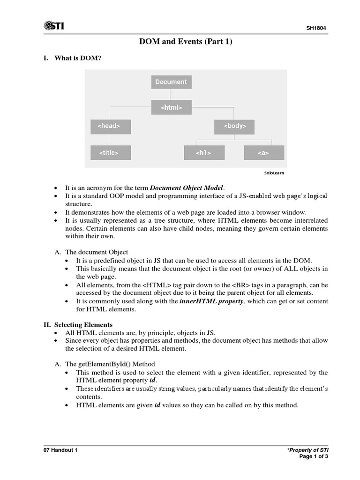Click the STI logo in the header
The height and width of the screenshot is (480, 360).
point(53,26)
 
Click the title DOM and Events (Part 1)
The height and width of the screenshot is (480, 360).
point(186,42)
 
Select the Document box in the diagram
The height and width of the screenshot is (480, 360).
point(171,82)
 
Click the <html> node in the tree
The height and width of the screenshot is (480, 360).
point(171,107)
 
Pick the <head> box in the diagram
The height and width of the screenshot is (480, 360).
point(111,126)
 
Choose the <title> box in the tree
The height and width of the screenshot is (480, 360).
point(111,152)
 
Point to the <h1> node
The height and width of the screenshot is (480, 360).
point(203,152)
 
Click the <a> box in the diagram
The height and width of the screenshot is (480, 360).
point(263,152)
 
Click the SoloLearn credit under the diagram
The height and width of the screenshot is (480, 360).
point(274,173)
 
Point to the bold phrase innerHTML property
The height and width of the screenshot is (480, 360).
point(211,301)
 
